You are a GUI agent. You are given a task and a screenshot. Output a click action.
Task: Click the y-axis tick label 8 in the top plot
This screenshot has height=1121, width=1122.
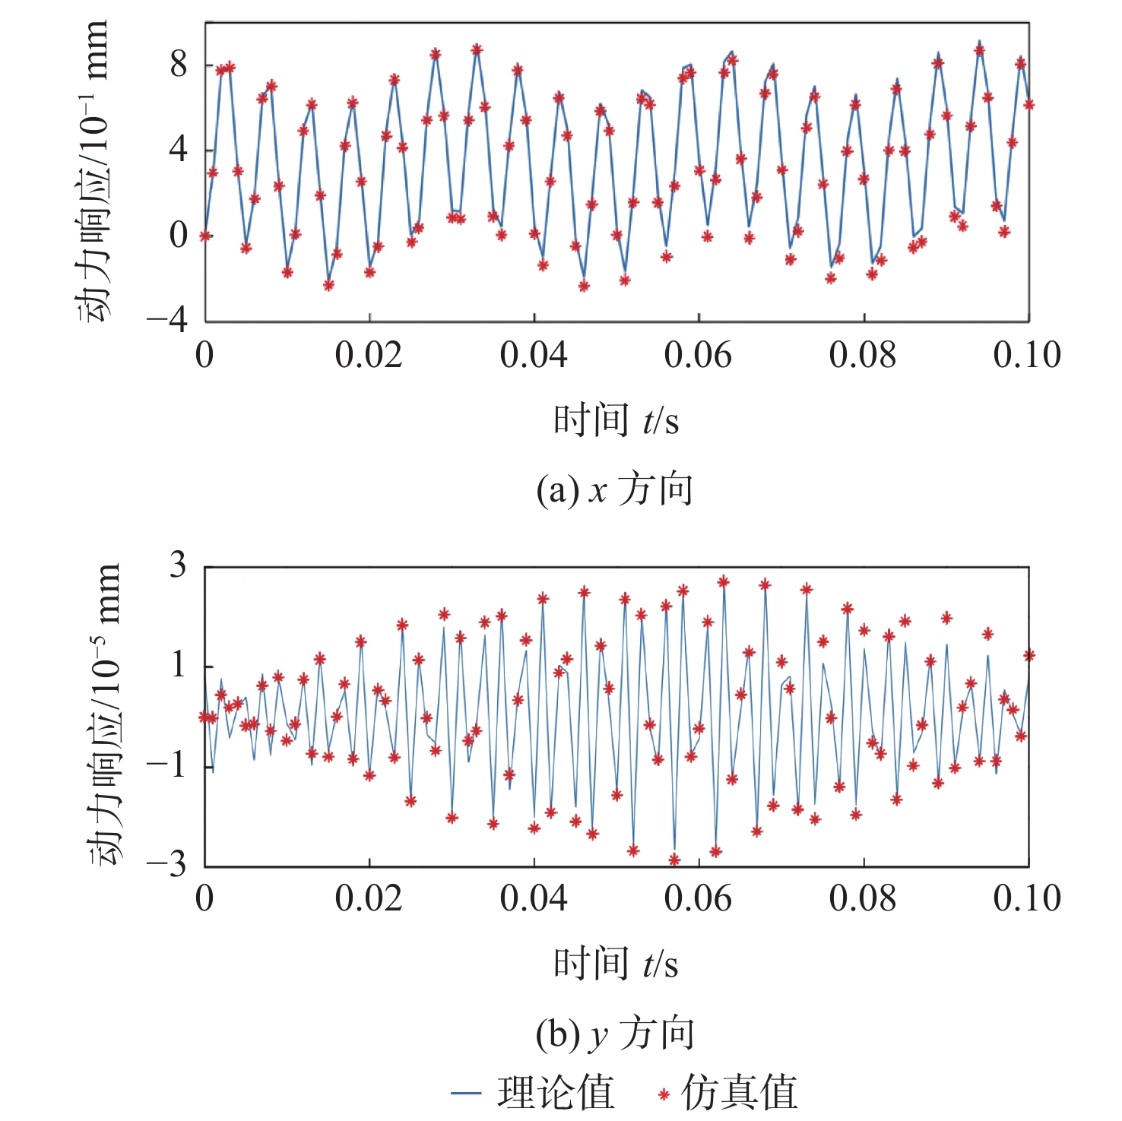pos(179,65)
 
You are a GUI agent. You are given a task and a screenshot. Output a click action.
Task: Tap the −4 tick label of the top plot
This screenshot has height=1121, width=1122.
pos(167,320)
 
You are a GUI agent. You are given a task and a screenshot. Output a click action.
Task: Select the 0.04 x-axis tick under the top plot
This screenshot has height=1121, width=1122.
pos(534,356)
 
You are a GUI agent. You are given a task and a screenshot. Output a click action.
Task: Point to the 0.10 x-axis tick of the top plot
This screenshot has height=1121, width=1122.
pos(1027,356)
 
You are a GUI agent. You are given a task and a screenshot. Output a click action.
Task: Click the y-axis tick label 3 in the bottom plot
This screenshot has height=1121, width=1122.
pos(178,565)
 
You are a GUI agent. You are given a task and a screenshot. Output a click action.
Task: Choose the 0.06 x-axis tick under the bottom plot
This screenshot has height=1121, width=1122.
pos(698,899)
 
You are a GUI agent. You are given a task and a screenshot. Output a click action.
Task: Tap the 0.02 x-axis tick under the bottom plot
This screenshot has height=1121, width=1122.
pos(369,899)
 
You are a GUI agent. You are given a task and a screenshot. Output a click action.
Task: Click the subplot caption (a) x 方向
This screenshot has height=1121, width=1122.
pos(614,490)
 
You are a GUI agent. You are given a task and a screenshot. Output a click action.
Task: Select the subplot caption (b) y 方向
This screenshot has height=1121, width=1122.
pos(614,1034)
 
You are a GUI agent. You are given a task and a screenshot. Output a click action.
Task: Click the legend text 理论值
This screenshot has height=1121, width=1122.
pos(556,1093)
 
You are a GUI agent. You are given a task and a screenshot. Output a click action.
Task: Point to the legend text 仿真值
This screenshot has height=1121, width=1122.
pos(739,1093)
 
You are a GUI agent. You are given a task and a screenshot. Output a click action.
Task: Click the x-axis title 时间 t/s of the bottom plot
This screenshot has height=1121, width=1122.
pos(616,964)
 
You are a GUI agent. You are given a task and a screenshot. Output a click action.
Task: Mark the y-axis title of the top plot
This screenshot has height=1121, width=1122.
pos(93,171)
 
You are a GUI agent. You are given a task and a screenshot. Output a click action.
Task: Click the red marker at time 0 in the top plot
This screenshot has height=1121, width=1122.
pos(205,236)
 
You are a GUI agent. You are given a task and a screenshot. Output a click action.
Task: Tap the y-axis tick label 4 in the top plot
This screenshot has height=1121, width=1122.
pos(179,150)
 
